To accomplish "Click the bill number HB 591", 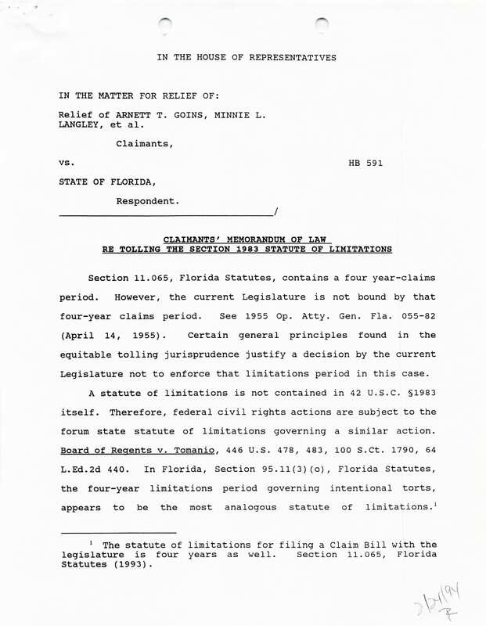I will click(x=365, y=164).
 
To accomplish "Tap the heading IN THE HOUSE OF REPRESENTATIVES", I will click(x=247, y=57).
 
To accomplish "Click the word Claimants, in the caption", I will click(x=145, y=144).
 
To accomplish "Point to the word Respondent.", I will click(x=148, y=201).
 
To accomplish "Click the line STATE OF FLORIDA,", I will click(x=102, y=182).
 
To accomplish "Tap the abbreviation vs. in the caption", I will click(x=66, y=164).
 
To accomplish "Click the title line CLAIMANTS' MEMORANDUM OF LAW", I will click(x=247, y=239).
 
